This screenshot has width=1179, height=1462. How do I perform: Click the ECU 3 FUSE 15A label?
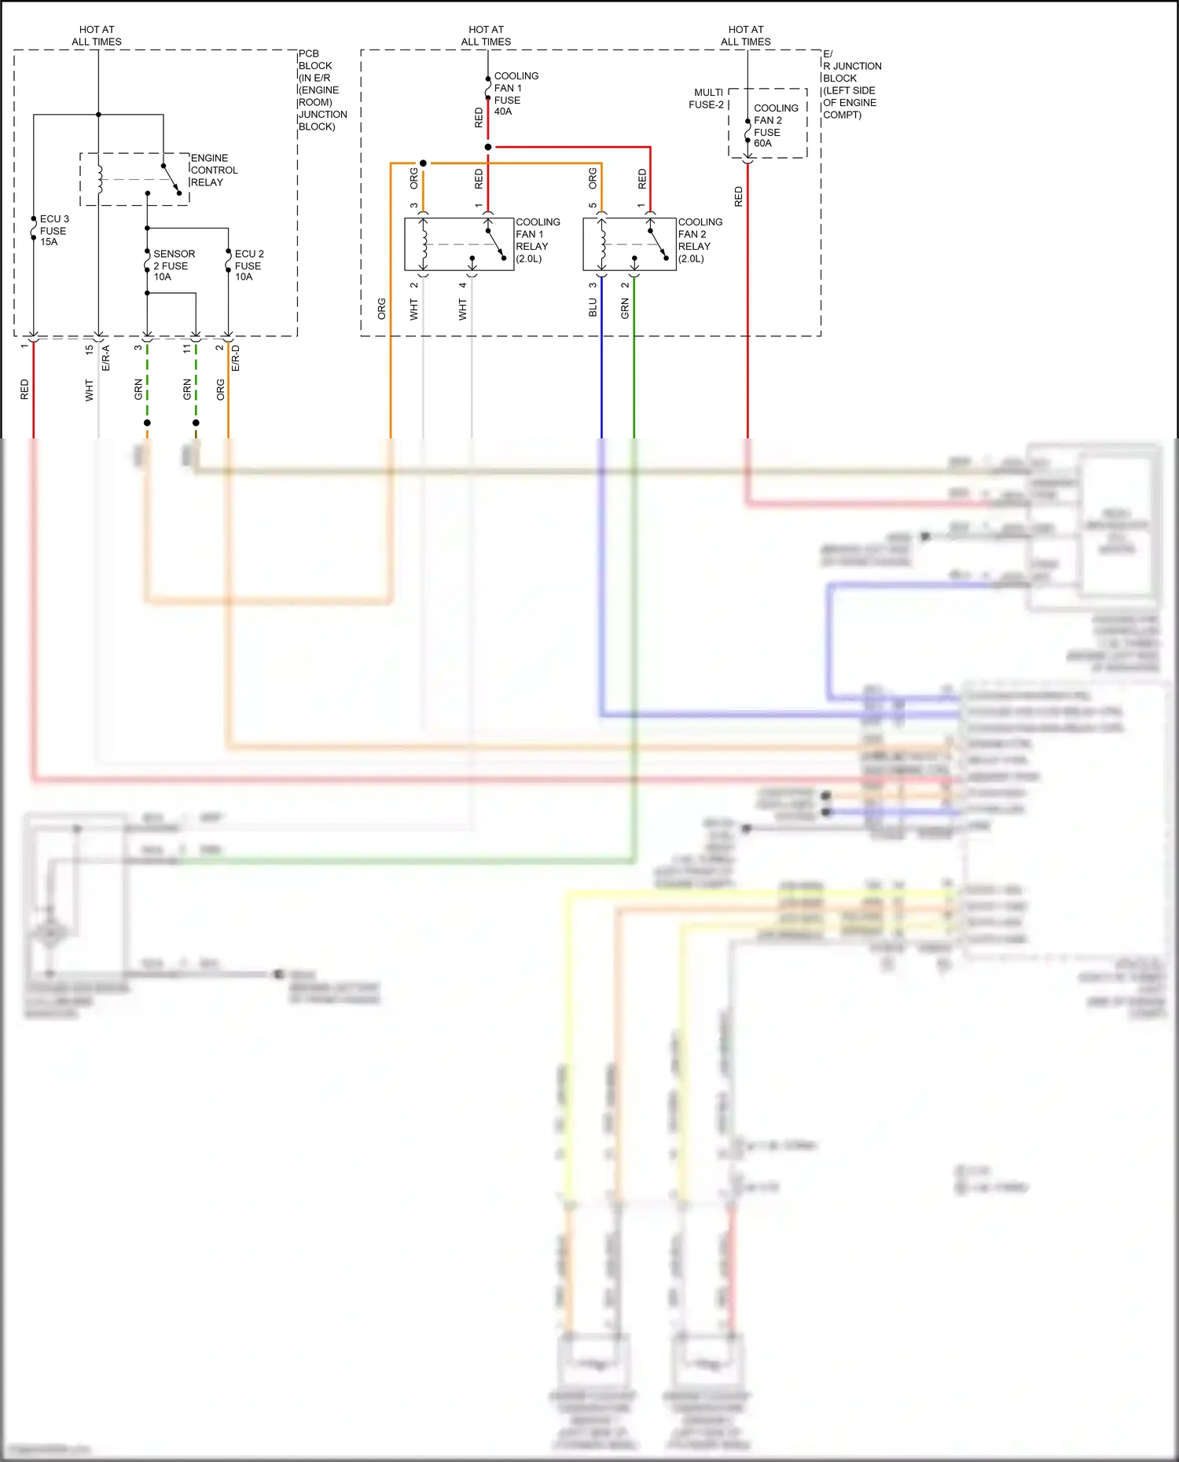coord(53,230)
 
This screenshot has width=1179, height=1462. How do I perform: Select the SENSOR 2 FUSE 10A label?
coord(173,265)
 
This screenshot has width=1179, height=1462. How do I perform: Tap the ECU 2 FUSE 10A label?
coord(248,265)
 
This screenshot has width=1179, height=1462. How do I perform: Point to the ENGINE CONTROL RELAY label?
coord(213,170)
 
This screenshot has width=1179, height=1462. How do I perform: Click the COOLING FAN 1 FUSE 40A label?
coord(515,93)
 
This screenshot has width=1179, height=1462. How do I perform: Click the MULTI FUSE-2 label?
coord(707,98)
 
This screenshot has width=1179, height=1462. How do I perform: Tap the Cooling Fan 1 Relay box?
coord(459,244)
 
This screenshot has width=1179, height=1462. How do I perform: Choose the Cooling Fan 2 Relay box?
coord(629,244)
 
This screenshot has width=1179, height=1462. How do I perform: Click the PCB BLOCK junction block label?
coord(321,90)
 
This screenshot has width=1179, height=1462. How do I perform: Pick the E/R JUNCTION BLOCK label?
coord(850,84)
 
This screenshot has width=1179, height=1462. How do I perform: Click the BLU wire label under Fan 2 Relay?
coord(593,307)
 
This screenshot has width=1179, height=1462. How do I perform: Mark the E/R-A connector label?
coord(105,357)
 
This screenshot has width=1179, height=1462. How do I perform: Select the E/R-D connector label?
coord(236,357)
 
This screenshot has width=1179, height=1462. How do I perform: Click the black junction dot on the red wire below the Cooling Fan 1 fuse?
coord(488,147)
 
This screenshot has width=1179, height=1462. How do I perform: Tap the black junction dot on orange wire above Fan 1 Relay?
coord(423,163)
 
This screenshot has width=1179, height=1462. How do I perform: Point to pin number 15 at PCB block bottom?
coord(89,348)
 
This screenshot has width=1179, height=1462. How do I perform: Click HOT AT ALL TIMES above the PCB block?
coord(97,35)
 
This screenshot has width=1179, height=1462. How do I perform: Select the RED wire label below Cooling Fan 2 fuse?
coord(738,196)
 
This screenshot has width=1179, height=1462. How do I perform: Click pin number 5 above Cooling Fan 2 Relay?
coord(593,206)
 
